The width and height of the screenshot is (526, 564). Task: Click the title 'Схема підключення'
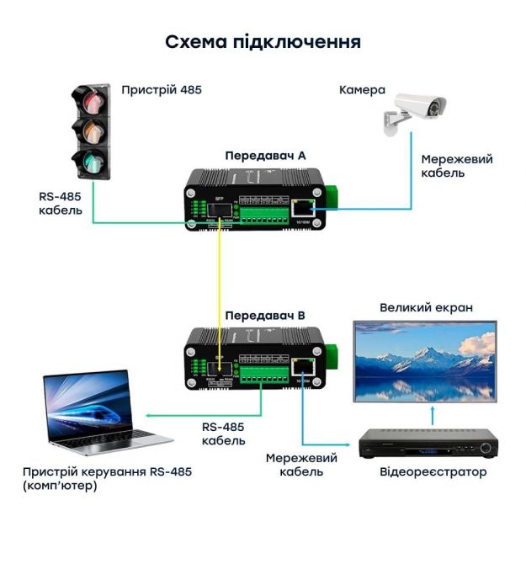tap(263, 43)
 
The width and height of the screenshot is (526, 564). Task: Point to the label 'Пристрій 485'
tap(162, 88)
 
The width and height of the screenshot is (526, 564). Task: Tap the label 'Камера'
tap(362, 90)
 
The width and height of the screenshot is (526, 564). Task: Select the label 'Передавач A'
tap(264, 156)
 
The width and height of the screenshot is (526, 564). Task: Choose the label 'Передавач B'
tap(264, 317)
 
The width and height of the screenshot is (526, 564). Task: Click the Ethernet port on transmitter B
tap(301, 365)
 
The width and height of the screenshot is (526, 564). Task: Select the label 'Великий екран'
tap(426, 308)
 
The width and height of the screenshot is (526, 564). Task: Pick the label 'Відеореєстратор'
tap(433, 472)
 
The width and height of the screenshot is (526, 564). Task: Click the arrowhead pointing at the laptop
tap(148, 414)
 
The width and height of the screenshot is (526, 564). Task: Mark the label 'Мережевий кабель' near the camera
tap(456, 166)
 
